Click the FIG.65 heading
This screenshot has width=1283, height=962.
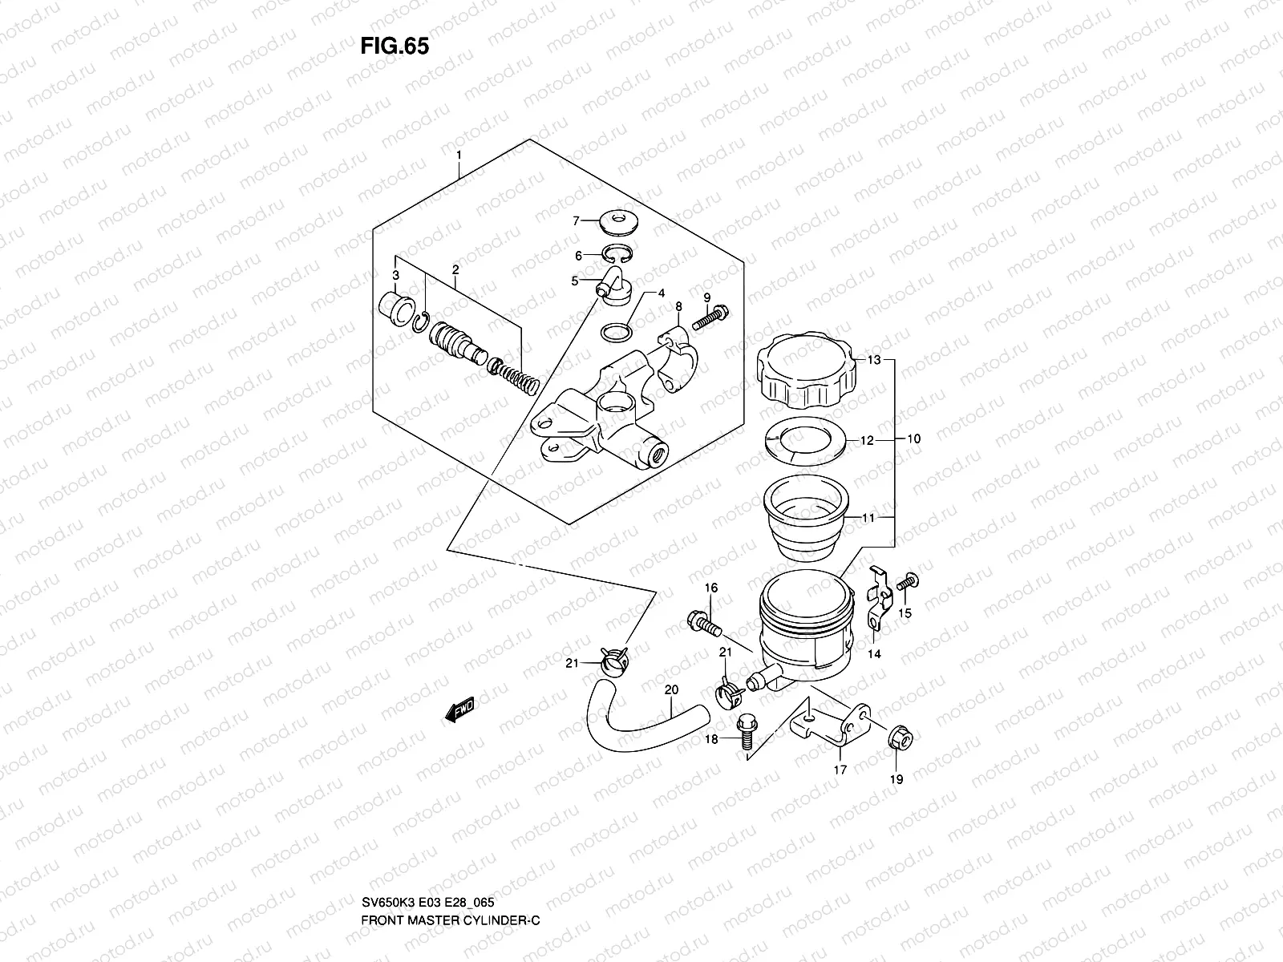pyautogui.click(x=395, y=46)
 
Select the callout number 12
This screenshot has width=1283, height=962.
pyautogui.click(x=867, y=440)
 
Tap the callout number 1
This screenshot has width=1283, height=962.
pyautogui.click(x=458, y=152)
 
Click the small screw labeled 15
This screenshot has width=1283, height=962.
pyautogui.click(x=909, y=581)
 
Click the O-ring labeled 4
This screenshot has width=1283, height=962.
pyautogui.click(x=615, y=331)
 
